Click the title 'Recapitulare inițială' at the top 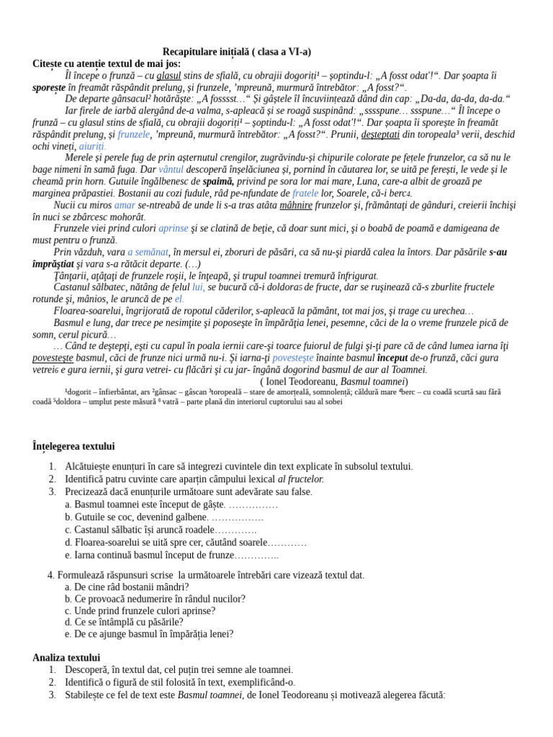point(237,52)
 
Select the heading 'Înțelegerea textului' point(73,446)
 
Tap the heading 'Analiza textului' point(66,657)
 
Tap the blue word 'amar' point(125,205)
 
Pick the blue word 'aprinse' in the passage point(174,228)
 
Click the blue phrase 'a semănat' point(148,252)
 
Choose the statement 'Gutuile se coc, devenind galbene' point(140,517)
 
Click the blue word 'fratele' point(305,194)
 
